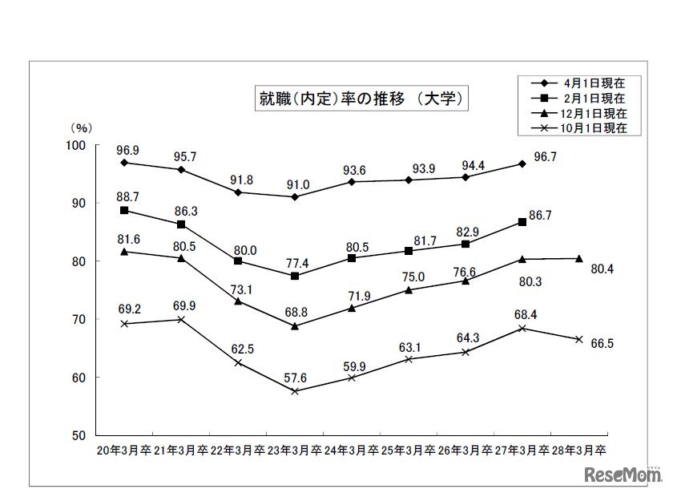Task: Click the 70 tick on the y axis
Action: pos(78,319)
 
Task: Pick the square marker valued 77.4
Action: pos(296,276)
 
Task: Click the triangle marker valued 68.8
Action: pos(296,325)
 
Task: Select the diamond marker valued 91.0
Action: pos(296,196)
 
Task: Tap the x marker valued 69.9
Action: pos(181,319)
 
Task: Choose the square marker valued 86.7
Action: pos(522,221)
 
